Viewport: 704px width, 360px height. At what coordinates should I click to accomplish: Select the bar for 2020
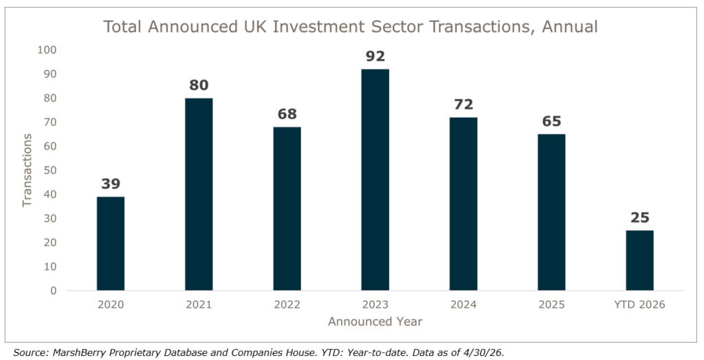point(111,243)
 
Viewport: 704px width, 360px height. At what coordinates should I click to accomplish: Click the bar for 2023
point(375,179)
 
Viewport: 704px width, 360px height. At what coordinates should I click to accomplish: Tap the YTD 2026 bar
point(640,260)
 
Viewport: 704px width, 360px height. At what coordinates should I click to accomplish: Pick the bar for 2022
point(287,209)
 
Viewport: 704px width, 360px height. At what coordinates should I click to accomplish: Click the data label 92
point(375,56)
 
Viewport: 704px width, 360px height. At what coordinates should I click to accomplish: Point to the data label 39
point(111,183)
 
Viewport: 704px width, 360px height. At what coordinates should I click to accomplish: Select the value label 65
point(551,121)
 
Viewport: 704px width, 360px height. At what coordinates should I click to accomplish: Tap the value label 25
point(640,218)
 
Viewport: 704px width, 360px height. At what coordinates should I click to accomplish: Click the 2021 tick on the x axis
point(199,305)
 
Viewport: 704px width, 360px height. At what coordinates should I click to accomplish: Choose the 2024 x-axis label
point(463,305)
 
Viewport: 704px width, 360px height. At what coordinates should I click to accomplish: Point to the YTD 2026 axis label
point(640,305)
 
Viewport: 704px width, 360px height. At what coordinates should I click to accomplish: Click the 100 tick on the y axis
point(47,50)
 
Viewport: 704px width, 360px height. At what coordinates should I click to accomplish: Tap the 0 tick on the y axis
point(54,291)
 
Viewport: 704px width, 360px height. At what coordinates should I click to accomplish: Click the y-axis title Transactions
point(27,170)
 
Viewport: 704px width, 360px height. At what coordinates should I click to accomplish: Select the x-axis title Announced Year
point(375,322)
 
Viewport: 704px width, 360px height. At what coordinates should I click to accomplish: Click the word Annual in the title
point(570,27)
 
